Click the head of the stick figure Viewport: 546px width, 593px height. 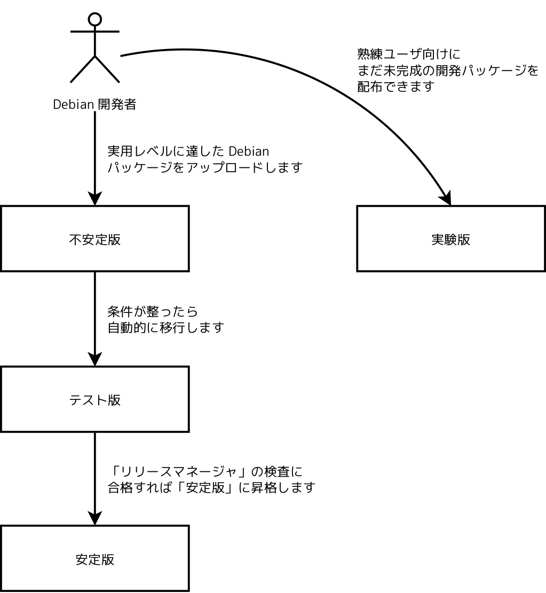point(94,19)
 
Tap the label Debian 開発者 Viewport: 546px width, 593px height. point(94,105)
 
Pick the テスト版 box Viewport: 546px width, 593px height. point(94,399)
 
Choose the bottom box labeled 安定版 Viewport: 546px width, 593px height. point(94,559)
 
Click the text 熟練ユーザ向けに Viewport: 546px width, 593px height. point(408,54)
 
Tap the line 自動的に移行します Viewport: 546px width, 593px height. point(164,327)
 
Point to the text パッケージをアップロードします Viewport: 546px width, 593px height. point(205,167)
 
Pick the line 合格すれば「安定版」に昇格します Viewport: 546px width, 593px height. point(211,487)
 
